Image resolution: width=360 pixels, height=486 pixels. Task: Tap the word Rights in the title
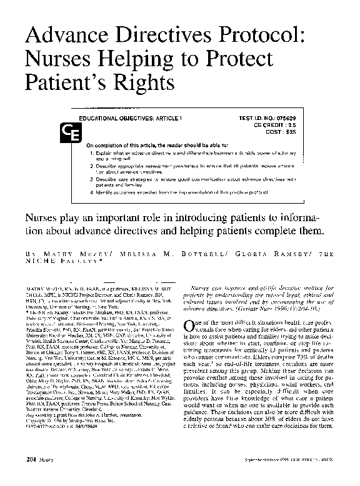(146, 82)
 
